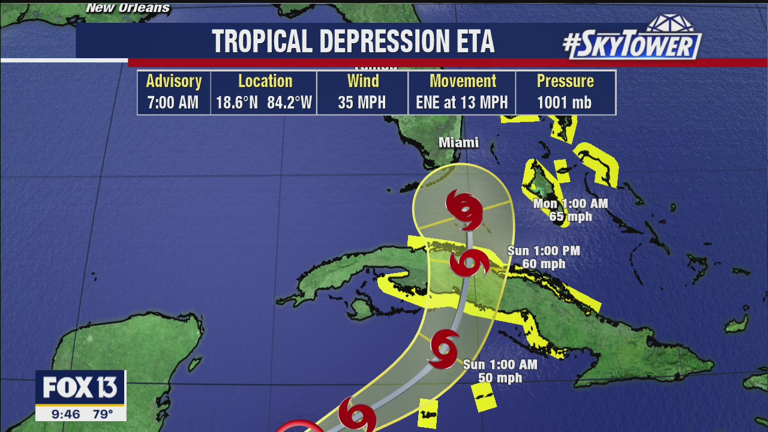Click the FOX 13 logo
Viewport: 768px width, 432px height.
click(80, 388)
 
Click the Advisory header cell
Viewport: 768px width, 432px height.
click(173, 81)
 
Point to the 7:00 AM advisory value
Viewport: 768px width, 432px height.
click(173, 103)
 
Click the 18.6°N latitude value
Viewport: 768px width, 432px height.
click(236, 103)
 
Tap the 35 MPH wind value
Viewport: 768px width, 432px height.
click(362, 103)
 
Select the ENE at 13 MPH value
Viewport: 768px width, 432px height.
click(462, 103)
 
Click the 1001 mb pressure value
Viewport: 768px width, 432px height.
click(565, 103)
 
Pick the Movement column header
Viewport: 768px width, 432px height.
click(463, 81)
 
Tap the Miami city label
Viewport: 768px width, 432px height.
click(458, 143)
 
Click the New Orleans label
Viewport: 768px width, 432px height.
click(128, 8)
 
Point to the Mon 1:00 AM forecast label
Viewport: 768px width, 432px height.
click(571, 203)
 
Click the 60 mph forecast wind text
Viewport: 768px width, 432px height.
click(544, 263)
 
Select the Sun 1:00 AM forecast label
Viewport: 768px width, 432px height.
click(500, 364)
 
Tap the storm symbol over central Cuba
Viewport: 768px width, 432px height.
click(468, 263)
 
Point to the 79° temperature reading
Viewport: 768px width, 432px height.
click(103, 413)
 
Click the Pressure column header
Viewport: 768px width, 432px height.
click(565, 81)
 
